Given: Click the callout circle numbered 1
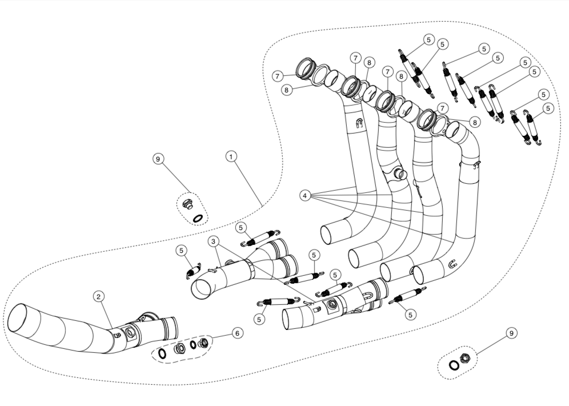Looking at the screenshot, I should (231, 156).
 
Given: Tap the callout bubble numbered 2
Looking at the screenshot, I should (99, 296).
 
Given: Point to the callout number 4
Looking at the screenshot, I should (306, 195).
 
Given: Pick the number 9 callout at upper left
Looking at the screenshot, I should (158, 159).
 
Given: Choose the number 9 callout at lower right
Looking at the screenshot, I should (511, 332).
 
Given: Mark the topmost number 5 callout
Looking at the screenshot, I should (429, 39).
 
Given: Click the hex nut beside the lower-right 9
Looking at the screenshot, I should (464, 359).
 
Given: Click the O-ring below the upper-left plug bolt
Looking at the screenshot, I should (198, 217).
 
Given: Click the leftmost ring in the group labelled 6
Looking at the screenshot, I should (162, 354).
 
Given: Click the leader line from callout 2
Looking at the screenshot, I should (107, 315).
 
